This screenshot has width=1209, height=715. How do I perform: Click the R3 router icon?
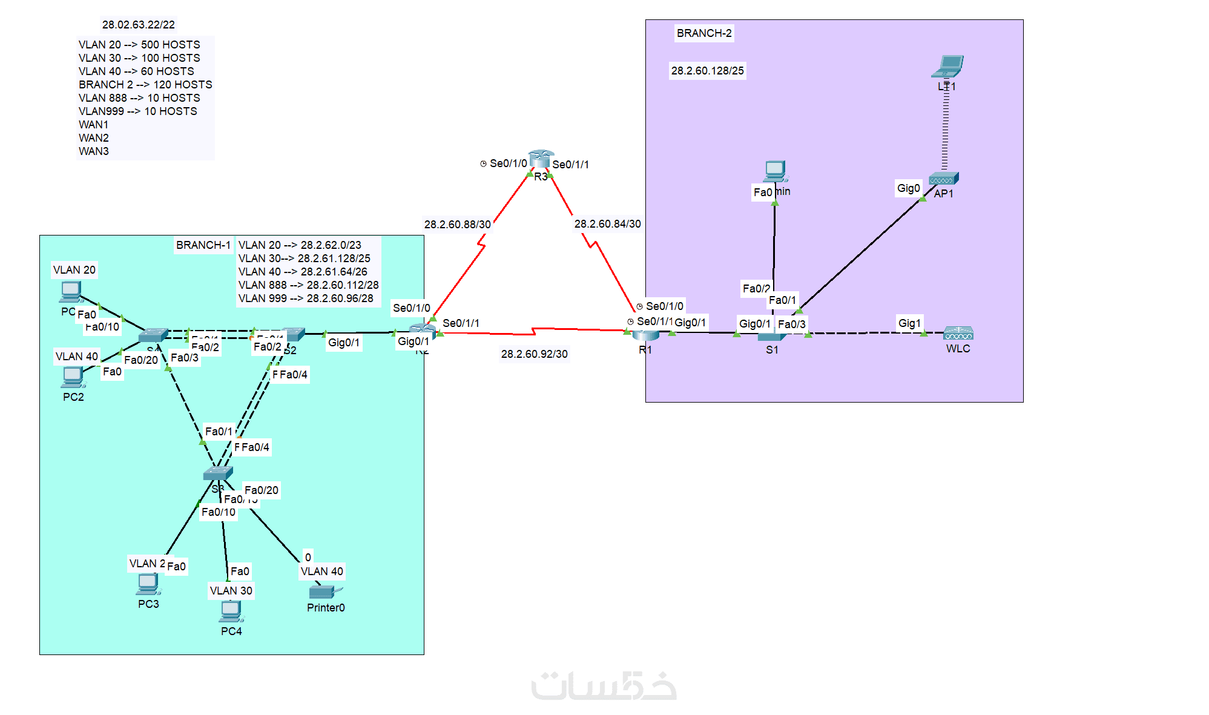click(541, 159)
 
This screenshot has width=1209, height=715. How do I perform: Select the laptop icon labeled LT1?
click(948, 66)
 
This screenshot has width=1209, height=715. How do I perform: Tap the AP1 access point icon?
click(943, 179)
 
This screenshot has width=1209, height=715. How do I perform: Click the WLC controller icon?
click(958, 334)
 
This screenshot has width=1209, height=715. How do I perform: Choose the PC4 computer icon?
click(231, 613)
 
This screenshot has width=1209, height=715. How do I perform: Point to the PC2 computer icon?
click(73, 377)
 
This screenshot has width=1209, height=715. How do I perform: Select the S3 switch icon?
click(217, 473)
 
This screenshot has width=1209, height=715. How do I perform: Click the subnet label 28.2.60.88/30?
click(457, 225)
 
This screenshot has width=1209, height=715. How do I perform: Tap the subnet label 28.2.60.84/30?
click(607, 224)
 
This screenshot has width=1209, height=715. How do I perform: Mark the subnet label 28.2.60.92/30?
click(534, 354)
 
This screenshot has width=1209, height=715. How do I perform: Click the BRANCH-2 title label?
click(704, 33)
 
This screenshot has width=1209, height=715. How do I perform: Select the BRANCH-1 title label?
click(203, 245)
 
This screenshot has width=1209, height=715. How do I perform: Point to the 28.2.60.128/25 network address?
click(707, 71)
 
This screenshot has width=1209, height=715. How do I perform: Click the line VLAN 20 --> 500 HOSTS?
click(139, 45)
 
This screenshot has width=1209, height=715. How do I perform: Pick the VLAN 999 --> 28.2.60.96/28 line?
click(306, 298)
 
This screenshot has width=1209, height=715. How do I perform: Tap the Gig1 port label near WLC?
click(909, 323)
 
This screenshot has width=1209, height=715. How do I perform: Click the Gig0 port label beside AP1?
click(908, 188)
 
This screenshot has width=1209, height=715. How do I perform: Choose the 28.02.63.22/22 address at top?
click(138, 25)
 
